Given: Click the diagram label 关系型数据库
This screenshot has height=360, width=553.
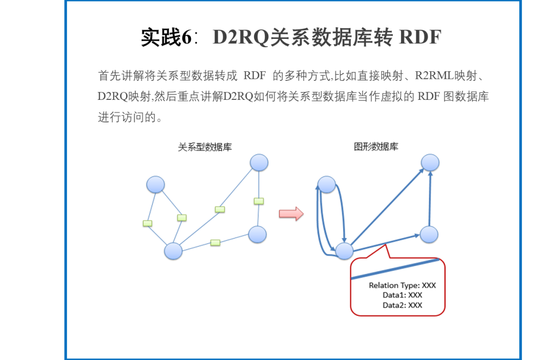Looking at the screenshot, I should [x=205, y=147].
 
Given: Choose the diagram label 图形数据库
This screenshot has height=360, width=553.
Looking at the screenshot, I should [x=376, y=147].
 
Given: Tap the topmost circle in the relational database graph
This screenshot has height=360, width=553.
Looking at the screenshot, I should [x=259, y=163].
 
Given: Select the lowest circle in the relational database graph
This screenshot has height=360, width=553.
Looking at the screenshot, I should [x=173, y=251].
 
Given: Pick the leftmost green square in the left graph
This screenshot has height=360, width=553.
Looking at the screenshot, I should [x=147, y=223].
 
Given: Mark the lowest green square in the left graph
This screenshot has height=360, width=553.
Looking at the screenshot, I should [x=216, y=242].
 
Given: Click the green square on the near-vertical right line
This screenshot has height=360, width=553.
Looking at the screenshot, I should [x=259, y=201].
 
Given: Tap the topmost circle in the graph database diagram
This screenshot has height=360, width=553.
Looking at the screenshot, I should [x=430, y=163].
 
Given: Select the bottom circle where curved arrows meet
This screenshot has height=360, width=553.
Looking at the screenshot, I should [x=344, y=251].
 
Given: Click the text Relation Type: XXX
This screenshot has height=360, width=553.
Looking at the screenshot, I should [x=402, y=286].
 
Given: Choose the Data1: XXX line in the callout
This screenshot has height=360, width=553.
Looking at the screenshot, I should [x=402, y=295].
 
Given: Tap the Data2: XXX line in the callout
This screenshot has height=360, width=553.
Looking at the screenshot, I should [x=402, y=305].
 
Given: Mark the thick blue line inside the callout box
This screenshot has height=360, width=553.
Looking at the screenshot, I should [x=395, y=268].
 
